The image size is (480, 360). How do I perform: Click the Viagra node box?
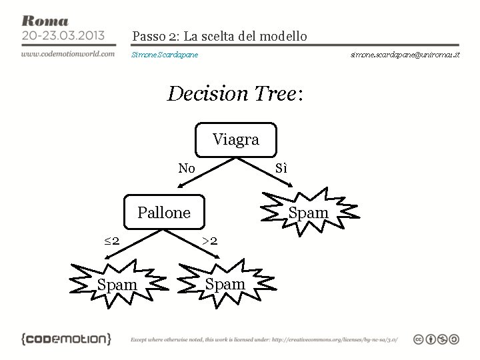[236, 140]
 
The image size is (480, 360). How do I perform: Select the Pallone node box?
[164, 213]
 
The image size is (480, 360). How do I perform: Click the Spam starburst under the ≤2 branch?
[117, 285]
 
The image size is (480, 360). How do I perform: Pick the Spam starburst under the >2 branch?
[225, 284]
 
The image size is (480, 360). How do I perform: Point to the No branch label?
[187, 169]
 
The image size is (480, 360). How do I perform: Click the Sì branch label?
[281, 169]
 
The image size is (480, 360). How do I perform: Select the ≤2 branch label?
[112, 241]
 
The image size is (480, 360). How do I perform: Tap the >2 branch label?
[209, 241]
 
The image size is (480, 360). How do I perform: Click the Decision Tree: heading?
[235, 94]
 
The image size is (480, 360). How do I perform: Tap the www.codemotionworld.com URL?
[67, 53]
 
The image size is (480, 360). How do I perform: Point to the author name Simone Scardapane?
[165, 54]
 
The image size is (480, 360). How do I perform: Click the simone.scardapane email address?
[405, 54]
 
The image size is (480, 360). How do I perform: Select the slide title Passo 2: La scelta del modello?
[219, 36]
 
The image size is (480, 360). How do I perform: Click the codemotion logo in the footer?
[67, 339]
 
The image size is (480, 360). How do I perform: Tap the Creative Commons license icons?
[436, 339]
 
